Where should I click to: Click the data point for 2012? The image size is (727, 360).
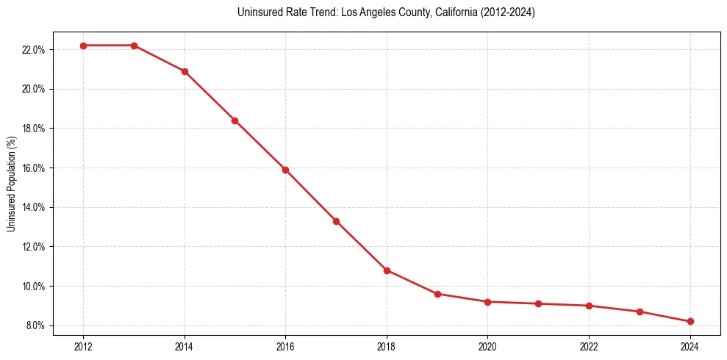click(x=84, y=46)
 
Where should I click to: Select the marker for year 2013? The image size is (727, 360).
click(x=135, y=46)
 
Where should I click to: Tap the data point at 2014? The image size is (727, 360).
click(x=185, y=71)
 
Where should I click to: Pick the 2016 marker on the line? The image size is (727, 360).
click(x=286, y=170)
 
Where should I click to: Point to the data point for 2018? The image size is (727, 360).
click(x=387, y=270)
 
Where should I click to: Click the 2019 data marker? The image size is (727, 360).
click(x=437, y=294)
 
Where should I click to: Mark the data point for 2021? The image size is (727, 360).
click(x=539, y=303)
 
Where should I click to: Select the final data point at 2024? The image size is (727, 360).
click(x=690, y=321)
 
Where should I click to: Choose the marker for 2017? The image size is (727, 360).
click(x=336, y=221)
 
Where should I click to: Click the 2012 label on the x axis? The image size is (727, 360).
click(x=84, y=345)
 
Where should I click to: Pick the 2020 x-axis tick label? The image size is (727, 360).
click(x=488, y=345)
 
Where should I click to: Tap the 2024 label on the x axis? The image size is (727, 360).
click(x=690, y=345)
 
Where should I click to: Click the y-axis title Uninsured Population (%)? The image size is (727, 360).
click(x=12, y=184)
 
